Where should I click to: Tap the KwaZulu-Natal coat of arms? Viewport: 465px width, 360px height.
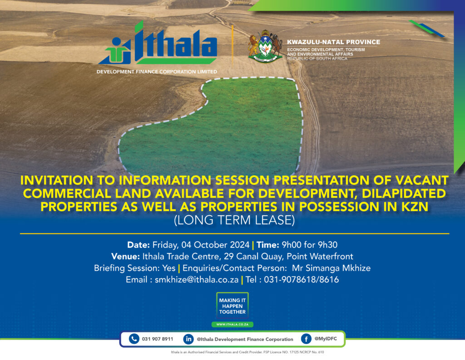pos(265,46)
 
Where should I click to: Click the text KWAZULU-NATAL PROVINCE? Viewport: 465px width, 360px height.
pos(333,42)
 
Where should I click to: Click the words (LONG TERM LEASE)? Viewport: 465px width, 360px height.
pos(234,220)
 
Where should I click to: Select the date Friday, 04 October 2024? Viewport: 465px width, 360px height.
pos(201,245)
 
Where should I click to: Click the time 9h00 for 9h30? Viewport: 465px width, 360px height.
pos(309,245)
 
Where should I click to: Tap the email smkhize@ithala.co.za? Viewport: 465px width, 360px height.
pos(197,280)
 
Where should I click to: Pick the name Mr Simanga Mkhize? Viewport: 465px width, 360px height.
pos(331,268)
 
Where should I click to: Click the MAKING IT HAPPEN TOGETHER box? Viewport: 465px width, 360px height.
pos(232,306)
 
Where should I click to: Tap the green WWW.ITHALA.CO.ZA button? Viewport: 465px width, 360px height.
pos(232,325)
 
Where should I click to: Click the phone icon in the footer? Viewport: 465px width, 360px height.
pos(134,339)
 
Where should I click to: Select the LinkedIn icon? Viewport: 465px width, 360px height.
pos(188,339)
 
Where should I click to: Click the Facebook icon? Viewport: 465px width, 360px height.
pos(306,339)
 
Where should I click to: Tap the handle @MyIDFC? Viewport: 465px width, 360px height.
pos(326,339)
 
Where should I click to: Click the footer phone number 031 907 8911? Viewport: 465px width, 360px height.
pos(158,339)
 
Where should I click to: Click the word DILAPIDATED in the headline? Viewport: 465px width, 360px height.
pos(404,193)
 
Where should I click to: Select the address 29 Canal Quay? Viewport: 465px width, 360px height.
pos(253,256)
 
